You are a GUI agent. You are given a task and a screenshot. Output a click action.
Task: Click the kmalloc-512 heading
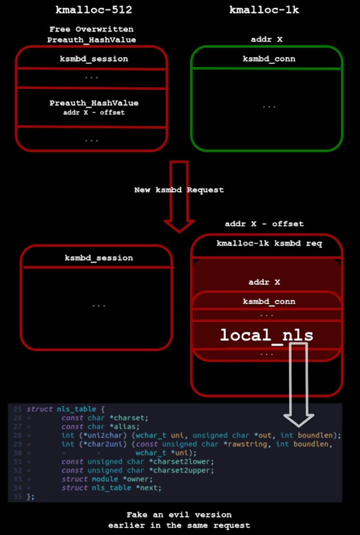click(94, 10)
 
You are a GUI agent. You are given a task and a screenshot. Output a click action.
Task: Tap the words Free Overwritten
click(91, 29)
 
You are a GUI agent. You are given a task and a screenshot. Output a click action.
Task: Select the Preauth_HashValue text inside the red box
click(94, 103)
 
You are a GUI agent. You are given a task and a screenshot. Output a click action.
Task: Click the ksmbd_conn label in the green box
click(269, 58)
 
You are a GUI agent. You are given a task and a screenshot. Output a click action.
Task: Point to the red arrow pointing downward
click(179, 196)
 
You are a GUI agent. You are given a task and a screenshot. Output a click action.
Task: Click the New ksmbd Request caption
click(179, 190)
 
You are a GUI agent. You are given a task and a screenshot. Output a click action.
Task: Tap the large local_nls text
click(266, 335)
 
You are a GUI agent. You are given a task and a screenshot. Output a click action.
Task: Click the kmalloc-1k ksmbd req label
click(266, 243)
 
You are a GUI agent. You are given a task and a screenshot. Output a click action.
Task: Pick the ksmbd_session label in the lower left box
click(99, 258)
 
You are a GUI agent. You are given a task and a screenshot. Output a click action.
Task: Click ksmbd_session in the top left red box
click(94, 58)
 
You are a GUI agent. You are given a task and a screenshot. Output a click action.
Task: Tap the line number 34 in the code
click(17, 488)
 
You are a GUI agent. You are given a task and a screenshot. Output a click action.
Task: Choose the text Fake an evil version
click(179, 514)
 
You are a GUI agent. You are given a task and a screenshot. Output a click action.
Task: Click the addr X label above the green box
click(266, 39)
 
